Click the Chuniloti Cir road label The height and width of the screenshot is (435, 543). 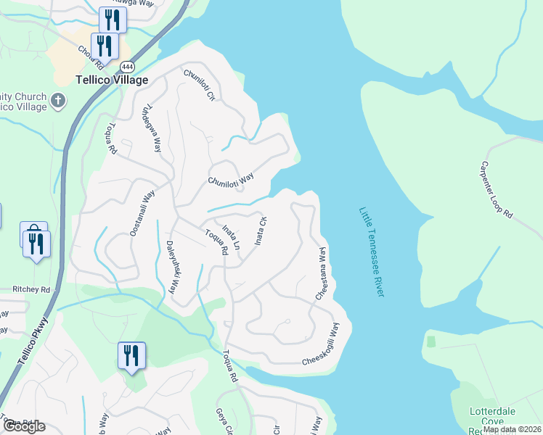coord(200,85)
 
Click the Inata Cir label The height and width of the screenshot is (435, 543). coord(260,231)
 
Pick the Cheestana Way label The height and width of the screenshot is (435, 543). coord(320,273)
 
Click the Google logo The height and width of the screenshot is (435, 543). coord(24,426)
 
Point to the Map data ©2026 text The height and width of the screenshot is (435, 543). coord(512,429)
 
